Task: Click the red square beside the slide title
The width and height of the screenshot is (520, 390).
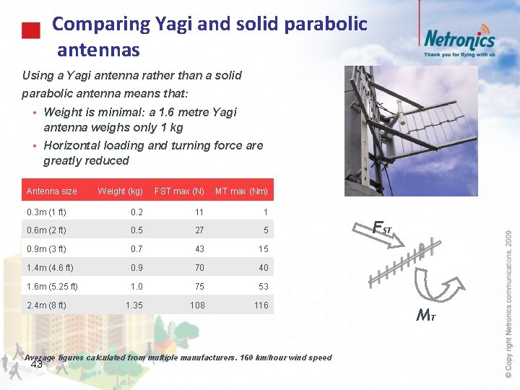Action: pos(30,31)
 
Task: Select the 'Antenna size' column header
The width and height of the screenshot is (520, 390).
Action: pos(51,191)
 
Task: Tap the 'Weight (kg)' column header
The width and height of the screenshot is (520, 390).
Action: pos(121,191)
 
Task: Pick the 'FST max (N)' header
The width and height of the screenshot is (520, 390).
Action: pos(179,191)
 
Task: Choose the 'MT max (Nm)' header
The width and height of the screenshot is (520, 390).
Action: pos(241,191)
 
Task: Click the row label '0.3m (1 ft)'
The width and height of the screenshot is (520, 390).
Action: pos(46,212)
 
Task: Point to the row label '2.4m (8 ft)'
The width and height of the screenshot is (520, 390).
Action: pos(46,305)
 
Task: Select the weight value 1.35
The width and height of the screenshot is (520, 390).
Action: pos(134,305)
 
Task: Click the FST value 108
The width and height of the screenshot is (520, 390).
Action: pos(197,305)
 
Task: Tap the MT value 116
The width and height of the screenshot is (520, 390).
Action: pos(261,305)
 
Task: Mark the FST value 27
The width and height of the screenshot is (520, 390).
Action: pos(199,230)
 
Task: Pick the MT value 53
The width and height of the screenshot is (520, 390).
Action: pos(263,287)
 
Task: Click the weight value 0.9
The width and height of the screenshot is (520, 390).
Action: pos(136,268)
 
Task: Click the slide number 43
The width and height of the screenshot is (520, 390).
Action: pos(37,364)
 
